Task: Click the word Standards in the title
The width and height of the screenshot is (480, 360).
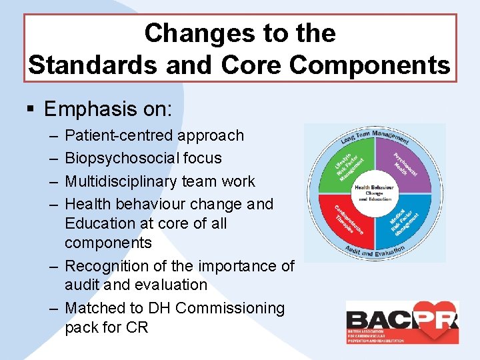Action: click(85, 65)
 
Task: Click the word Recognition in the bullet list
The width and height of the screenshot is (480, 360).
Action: click(106, 266)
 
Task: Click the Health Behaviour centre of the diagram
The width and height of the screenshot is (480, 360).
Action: click(375, 193)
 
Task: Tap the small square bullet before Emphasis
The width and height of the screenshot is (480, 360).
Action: click(31, 109)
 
